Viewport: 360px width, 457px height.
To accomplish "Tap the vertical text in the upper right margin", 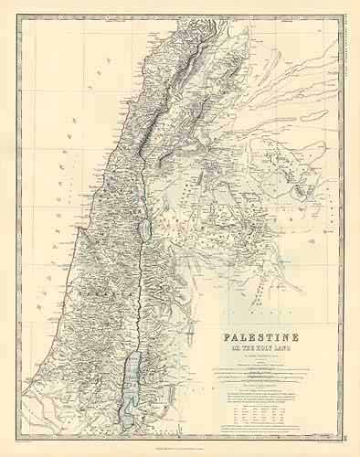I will (347, 46).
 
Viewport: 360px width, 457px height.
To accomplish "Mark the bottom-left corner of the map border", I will (17, 438).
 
